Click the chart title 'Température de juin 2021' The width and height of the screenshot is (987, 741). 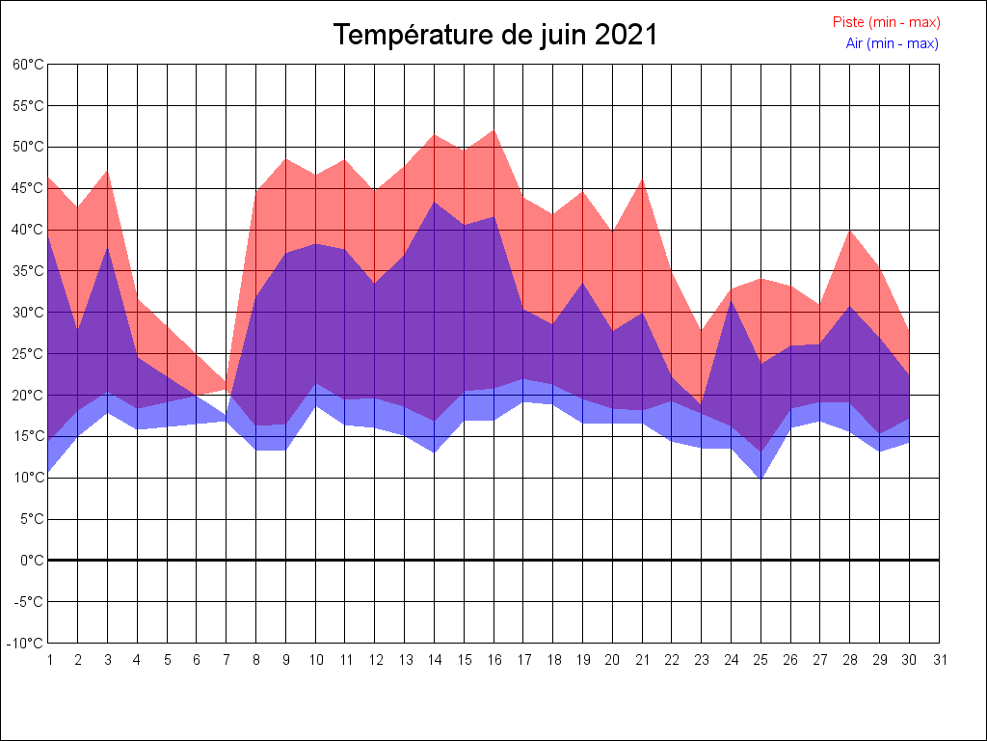point(495,35)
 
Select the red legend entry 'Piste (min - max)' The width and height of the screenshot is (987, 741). point(886,22)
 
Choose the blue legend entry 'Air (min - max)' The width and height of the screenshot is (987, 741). point(892,43)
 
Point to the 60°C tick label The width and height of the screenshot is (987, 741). point(29,65)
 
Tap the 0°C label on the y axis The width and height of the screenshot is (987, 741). point(33,561)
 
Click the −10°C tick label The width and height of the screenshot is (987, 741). point(27,644)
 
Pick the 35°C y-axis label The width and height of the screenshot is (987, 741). point(29,271)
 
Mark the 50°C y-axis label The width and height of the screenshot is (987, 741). point(29,147)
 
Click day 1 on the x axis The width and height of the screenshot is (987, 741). point(48,660)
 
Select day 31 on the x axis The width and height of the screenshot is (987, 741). point(940,660)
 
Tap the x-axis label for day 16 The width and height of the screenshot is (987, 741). point(493,660)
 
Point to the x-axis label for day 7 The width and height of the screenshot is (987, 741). point(227,660)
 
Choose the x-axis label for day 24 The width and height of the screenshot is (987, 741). point(732,660)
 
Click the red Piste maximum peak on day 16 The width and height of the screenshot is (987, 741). point(493,130)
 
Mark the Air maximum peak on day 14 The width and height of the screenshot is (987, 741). point(435,202)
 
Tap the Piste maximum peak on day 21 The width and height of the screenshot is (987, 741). point(642,178)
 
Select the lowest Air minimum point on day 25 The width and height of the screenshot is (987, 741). point(761,479)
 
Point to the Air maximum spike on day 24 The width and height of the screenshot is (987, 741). point(732,300)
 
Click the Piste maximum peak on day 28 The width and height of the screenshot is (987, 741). point(850,230)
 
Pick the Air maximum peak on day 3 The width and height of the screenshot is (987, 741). point(108,247)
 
